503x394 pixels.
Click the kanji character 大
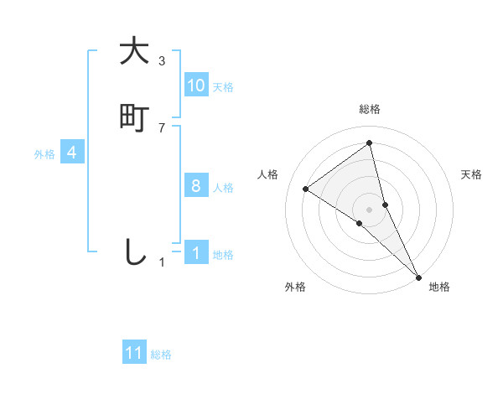click(134, 51)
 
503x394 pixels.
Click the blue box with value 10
click(196, 86)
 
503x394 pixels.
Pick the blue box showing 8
click(196, 186)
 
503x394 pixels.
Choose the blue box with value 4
click(72, 153)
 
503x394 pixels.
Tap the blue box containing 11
click(134, 353)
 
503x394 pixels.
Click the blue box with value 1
click(196, 253)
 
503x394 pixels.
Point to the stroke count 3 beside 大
click(162, 61)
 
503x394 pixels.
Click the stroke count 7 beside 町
click(162, 128)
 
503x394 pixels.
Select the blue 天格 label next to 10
click(223, 87)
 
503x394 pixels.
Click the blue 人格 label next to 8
click(223, 188)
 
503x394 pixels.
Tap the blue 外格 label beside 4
click(44, 154)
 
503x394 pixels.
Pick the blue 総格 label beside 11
click(161, 355)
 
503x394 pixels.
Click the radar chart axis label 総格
click(370, 109)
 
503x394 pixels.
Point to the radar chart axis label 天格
click(472, 174)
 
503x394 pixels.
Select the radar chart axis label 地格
click(439, 287)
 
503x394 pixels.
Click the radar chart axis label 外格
click(295, 287)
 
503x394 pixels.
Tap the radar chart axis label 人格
click(268, 174)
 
